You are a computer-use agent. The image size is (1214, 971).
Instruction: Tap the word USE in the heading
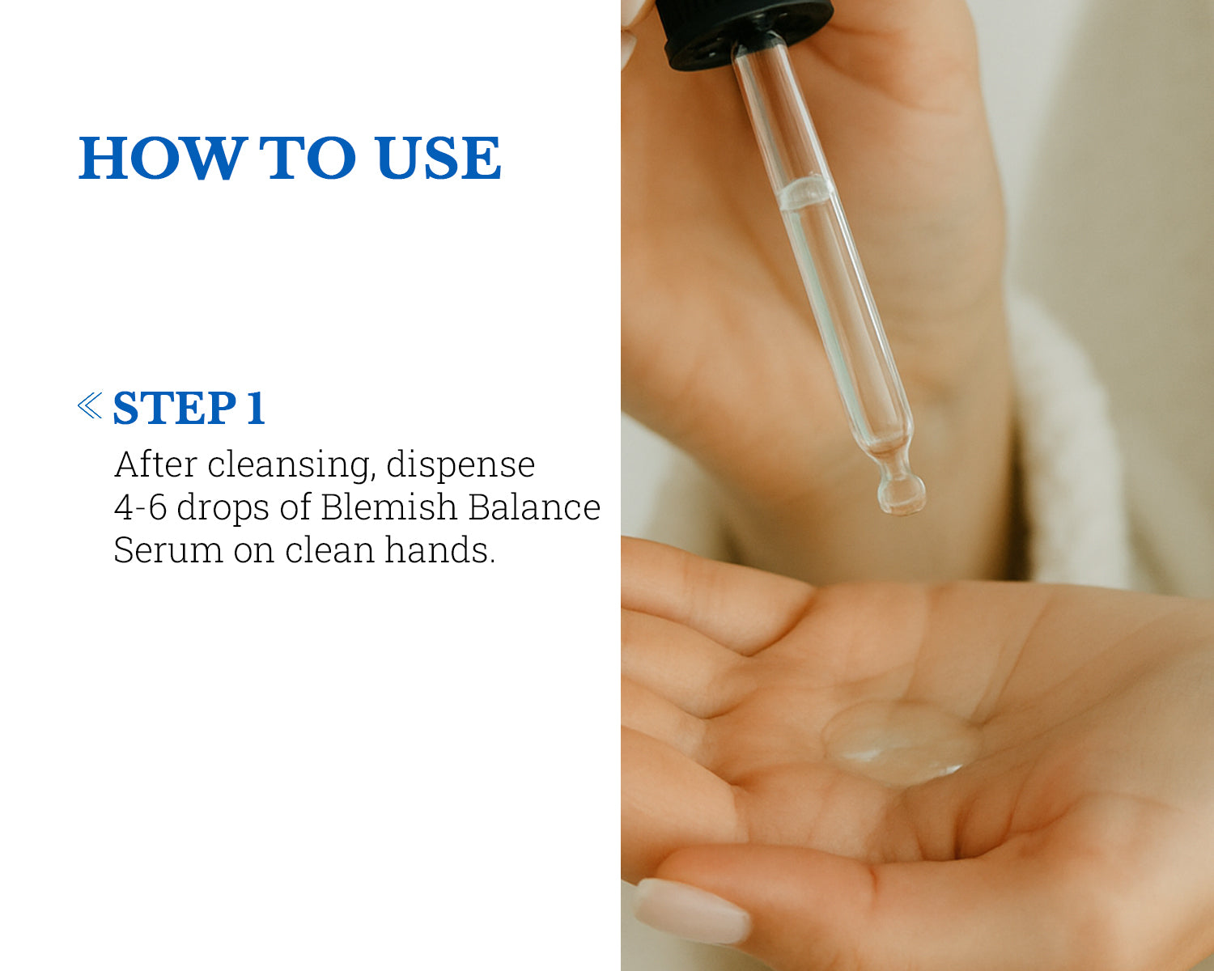pyautogui.click(x=438, y=159)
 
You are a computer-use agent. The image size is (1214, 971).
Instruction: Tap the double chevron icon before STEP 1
pyautogui.click(x=90, y=405)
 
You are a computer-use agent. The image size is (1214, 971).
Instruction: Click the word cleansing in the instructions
pyautogui.click(x=291, y=465)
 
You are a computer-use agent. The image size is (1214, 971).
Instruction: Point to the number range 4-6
pyautogui.click(x=141, y=507)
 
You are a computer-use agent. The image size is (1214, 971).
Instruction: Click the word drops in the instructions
pyautogui.click(x=223, y=508)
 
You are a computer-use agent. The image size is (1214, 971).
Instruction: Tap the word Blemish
pyautogui.click(x=389, y=506)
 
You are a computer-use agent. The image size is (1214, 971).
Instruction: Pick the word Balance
pyautogui.click(x=534, y=506)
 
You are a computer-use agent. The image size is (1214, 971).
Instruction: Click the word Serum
pyautogui.click(x=168, y=549)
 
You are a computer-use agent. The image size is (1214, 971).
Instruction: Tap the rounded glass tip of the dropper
pyautogui.click(x=901, y=494)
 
